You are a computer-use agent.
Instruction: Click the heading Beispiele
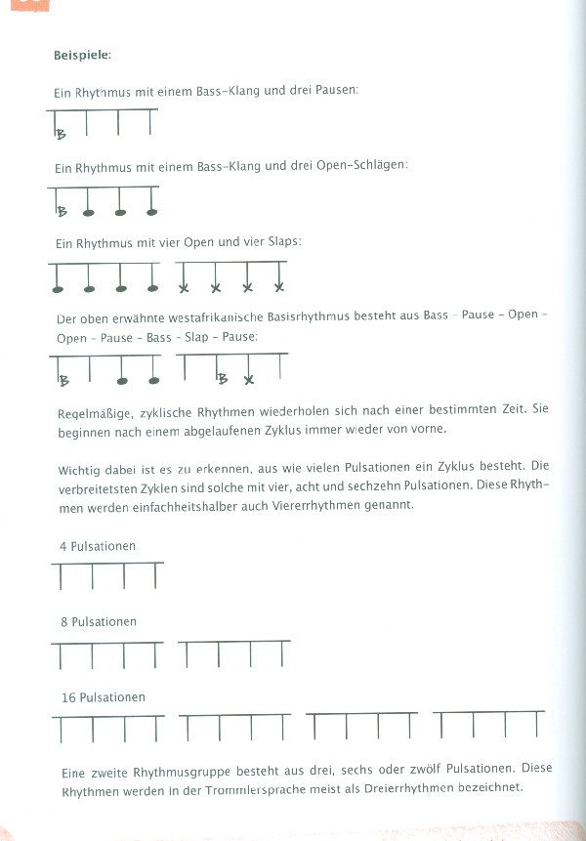(82, 55)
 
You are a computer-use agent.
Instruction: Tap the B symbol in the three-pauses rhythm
(62, 135)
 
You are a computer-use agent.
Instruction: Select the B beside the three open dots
(63, 211)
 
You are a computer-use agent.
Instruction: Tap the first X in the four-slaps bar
(184, 287)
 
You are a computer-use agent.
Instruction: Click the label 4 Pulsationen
(97, 546)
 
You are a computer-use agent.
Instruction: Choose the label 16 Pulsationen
(101, 697)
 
